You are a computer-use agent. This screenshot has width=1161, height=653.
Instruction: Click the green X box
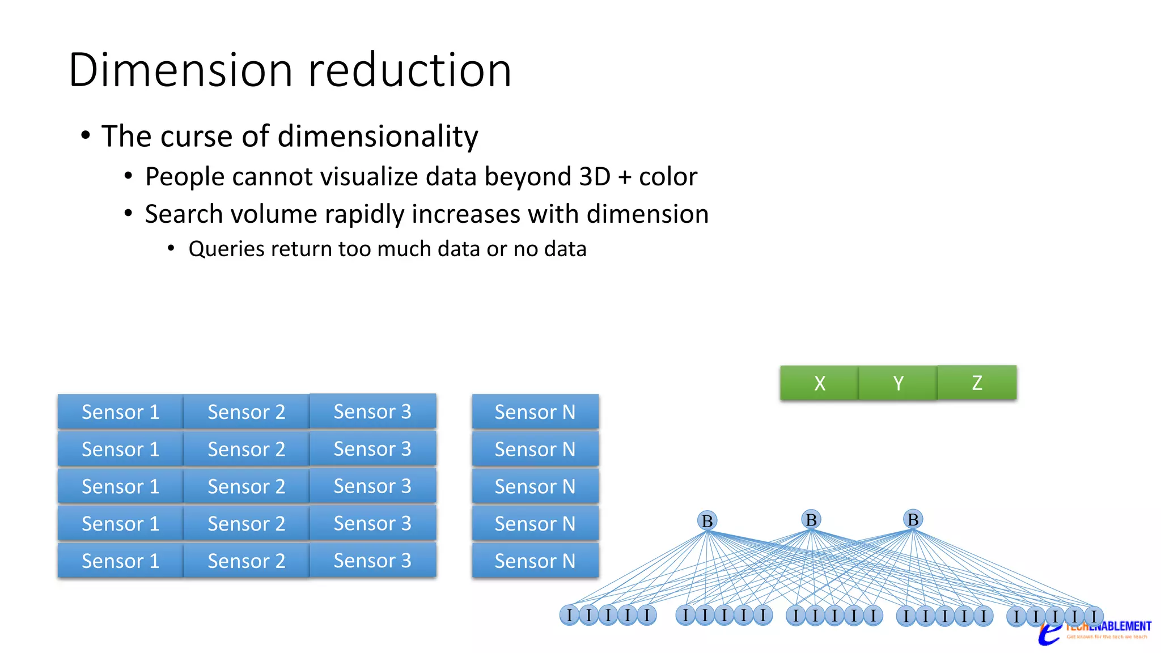(819, 383)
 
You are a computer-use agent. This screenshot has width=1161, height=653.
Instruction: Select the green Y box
(898, 383)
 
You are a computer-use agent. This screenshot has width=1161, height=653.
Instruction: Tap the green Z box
(977, 383)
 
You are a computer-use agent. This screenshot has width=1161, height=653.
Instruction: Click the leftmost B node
(707, 520)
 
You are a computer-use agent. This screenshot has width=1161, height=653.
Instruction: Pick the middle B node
(811, 519)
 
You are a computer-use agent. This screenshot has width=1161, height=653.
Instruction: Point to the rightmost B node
(913, 519)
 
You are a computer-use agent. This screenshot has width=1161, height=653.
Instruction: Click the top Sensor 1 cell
(120, 412)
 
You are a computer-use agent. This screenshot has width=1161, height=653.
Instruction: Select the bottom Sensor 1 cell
(120, 561)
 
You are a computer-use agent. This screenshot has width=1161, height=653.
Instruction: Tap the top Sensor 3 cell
(372, 412)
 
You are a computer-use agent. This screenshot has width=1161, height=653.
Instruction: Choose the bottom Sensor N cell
(535, 561)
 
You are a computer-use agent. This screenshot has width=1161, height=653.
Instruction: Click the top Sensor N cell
(535, 412)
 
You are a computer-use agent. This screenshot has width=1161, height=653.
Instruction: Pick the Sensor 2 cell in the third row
(246, 486)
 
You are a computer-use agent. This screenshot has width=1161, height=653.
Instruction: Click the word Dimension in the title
(180, 70)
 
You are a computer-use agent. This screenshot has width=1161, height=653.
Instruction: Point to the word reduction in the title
(410, 70)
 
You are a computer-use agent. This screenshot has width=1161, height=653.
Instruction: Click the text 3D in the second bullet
(595, 176)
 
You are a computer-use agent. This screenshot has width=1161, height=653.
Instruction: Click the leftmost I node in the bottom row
(569, 614)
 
